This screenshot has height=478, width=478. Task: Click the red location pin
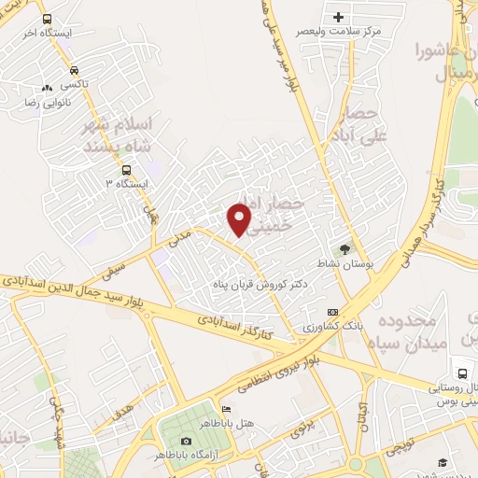click(x=241, y=219)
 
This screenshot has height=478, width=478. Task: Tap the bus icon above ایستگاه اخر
click(x=48, y=18)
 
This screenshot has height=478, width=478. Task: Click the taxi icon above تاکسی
click(x=74, y=69)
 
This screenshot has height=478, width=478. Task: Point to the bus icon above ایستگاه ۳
click(x=127, y=169)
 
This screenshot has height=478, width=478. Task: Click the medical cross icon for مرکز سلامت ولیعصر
click(x=338, y=17)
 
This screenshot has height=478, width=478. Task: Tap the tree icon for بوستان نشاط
click(x=345, y=248)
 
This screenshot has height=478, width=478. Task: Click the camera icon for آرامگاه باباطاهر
click(x=186, y=441)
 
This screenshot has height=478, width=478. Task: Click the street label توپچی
click(x=415, y=436)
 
